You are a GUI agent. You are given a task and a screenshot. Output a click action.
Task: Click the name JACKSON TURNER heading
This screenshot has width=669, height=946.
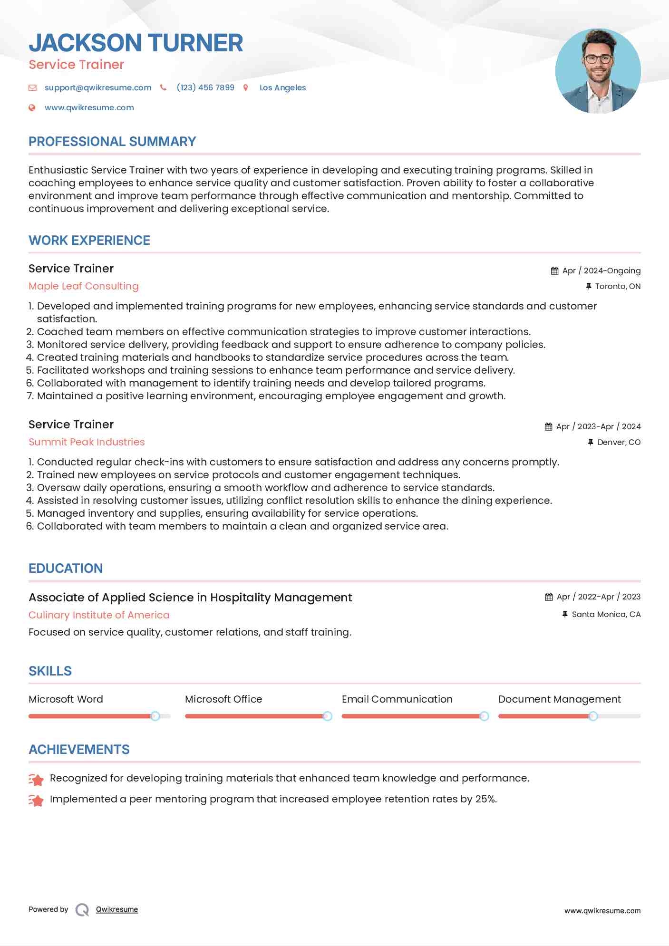click(x=136, y=43)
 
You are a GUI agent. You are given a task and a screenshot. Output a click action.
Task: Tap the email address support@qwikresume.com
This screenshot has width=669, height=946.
click(x=98, y=87)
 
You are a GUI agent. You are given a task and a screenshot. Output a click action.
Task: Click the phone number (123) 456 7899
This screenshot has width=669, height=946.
click(x=205, y=87)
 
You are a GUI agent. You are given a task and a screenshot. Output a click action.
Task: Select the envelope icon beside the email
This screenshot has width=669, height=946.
click(x=32, y=87)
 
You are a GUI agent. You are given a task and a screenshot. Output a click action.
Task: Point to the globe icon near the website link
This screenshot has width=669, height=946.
click(x=32, y=107)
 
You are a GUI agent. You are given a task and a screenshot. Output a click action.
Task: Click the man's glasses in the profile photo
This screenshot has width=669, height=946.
click(x=598, y=59)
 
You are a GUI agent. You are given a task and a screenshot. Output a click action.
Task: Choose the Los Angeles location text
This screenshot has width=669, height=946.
click(x=282, y=87)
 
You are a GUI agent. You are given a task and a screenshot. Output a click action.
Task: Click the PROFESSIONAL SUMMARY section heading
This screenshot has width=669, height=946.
click(x=112, y=142)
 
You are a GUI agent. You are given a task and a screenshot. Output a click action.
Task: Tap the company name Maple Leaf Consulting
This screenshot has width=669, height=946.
click(x=84, y=286)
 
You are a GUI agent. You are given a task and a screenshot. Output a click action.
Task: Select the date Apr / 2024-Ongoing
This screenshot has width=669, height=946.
click(x=601, y=270)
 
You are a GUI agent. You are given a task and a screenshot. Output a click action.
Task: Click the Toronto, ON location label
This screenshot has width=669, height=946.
click(x=617, y=286)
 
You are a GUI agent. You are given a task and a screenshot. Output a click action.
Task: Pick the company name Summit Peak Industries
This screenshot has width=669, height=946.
click(x=87, y=442)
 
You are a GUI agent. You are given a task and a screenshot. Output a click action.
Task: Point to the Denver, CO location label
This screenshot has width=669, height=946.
click(x=619, y=442)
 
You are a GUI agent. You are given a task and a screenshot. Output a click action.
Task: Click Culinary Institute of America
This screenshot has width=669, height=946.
click(x=99, y=615)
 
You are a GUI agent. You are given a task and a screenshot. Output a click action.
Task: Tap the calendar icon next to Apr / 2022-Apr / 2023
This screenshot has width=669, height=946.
click(x=549, y=597)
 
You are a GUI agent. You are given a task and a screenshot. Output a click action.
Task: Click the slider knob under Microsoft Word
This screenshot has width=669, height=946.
click(x=155, y=716)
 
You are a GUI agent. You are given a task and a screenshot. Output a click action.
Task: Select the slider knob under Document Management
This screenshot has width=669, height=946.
click(x=593, y=716)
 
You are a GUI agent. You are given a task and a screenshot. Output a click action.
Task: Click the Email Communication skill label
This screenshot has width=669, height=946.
click(x=397, y=699)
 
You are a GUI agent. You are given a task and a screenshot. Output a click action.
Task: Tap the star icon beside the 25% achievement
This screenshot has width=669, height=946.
click(x=36, y=800)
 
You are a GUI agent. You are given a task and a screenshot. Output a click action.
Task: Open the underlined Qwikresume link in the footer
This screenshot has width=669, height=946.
click(x=117, y=909)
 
